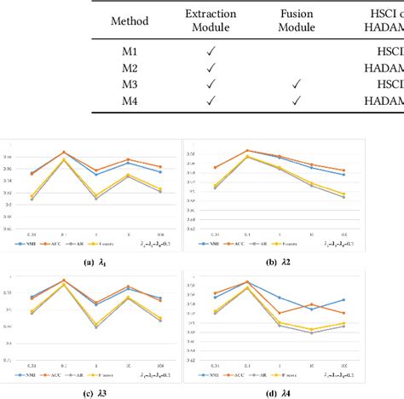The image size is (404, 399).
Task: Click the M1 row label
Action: [x=130, y=52]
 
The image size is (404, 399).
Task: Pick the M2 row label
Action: [x=130, y=67]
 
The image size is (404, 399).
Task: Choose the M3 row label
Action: [x=130, y=84]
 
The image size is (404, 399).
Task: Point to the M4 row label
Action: [x=130, y=100]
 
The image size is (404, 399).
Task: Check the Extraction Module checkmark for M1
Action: [x=211, y=52]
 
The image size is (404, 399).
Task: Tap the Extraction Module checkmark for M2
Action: [x=211, y=67]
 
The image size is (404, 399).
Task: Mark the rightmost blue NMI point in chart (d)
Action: [x=343, y=299]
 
